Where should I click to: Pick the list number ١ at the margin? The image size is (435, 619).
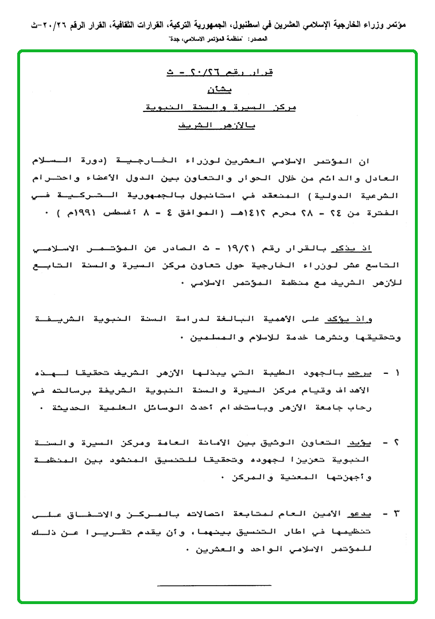click(x=397, y=373)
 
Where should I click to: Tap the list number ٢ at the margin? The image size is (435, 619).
click(x=397, y=442)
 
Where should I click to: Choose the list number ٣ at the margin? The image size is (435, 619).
click(x=397, y=512)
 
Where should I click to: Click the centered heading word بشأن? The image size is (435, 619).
click(x=218, y=90)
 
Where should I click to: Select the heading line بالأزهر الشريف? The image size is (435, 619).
click(x=218, y=125)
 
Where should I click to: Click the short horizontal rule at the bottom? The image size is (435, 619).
click(x=214, y=585)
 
